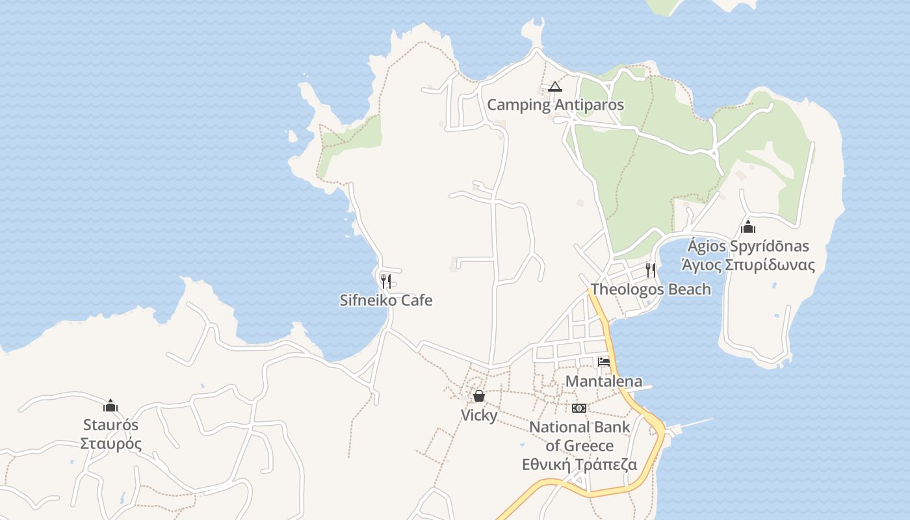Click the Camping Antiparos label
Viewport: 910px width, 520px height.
555,105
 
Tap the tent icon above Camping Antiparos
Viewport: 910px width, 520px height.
554,86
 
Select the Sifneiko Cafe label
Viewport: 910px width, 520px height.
386,300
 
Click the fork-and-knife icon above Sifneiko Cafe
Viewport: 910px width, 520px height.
385,281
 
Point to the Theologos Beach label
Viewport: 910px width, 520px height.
651,289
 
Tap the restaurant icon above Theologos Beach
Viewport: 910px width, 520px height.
650,270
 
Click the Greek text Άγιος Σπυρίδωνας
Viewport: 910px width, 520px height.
747,265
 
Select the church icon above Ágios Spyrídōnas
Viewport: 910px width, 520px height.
748,227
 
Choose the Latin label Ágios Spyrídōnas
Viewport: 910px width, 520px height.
748,246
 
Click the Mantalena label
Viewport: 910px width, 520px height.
604,382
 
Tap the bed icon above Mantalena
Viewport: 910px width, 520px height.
604,362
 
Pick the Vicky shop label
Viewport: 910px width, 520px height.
479,415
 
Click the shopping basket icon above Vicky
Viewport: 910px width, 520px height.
479,396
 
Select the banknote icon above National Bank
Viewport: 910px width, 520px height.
579,408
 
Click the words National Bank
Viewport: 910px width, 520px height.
580,427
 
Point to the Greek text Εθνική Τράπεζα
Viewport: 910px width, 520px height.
580,464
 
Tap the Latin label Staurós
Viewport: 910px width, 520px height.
110,425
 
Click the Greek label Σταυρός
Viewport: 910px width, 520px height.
110,444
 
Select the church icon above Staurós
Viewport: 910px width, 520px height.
110,406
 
